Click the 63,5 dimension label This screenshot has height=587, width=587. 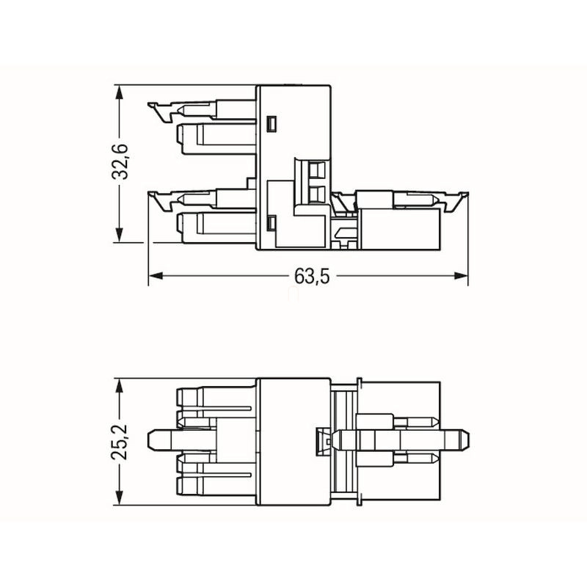point(312,277)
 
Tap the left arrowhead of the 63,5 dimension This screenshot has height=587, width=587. point(156,276)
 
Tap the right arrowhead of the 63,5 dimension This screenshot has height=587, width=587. point(461,276)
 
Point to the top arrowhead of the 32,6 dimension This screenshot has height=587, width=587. point(120,92)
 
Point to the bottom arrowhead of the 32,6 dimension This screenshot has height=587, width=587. point(120,235)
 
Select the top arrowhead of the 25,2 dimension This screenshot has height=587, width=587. point(120,386)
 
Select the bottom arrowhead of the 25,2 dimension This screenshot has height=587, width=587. point(120,497)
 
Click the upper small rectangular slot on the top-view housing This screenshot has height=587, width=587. point(271,124)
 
